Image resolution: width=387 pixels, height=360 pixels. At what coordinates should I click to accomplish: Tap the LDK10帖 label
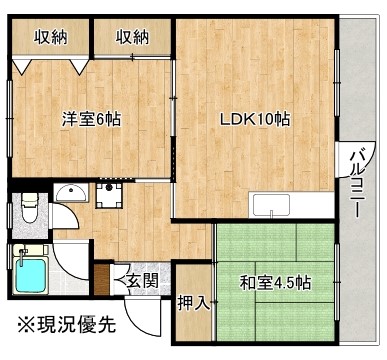tap(256, 118)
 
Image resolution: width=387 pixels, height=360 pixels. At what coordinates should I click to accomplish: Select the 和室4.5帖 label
tap(273, 282)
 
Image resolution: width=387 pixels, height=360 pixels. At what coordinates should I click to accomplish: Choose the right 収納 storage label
tap(131, 38)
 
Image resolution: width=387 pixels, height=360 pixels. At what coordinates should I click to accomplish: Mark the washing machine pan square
tap(106, 191)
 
